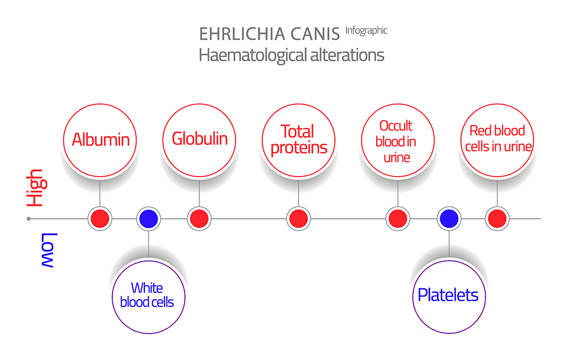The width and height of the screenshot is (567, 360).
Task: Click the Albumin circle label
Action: [101, 140]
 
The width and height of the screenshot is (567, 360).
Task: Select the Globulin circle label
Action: [199, 139]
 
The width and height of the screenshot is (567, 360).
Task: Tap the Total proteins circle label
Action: [298, 140]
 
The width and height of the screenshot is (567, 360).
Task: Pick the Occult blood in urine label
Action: [396, 141]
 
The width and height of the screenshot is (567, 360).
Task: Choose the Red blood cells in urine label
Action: [498, 139]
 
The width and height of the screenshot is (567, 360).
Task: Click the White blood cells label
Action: [147, 295]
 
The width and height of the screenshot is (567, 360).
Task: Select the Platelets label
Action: [448, 295]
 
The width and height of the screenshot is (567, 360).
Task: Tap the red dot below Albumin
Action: [100, 219]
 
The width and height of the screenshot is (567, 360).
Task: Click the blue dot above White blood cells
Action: [148, 219]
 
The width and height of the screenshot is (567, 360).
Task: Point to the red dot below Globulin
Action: [199, 219]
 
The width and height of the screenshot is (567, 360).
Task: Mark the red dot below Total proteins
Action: [298, 219]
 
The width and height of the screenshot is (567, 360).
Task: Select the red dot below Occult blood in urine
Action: [398, 219]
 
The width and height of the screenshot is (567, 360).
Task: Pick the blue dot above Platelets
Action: [449, 219]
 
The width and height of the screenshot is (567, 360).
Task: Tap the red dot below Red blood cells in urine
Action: [497, 219]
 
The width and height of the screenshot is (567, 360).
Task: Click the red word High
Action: [37, 188]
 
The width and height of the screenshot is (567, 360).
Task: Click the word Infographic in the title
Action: [366, 31]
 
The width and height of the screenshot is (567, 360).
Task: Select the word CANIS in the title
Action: [315, 34]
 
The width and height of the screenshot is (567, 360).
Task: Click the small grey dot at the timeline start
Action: [28, 219]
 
